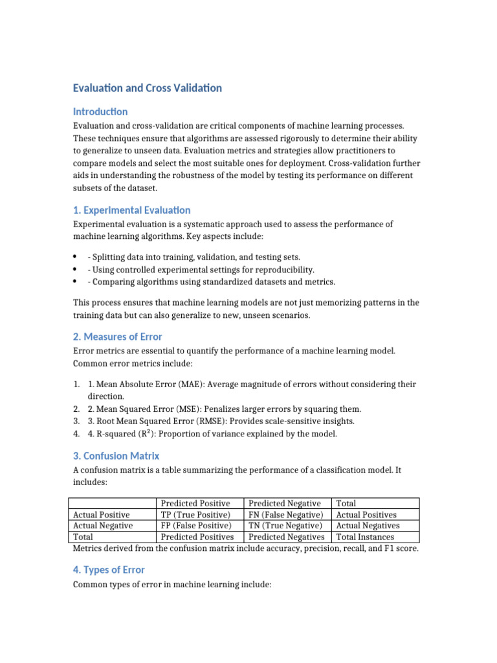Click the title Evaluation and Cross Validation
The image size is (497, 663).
[x=147, y=87]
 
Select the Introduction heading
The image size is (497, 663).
[x=100, y=111]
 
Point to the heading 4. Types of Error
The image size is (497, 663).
[x=109, y=570]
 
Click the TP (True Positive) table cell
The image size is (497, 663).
[x=195, y=515]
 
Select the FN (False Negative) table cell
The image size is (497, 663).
[x=285, y=515]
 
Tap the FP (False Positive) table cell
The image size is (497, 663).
[x=195, y=526]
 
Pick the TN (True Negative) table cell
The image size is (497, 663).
[x=285, y=526]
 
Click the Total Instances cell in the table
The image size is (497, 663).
[x=366, y=537]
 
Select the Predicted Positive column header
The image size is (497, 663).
[x=195, y=503]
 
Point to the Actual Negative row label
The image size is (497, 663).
[x=103, y=526]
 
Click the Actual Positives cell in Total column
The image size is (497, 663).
[x=366, y=515]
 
